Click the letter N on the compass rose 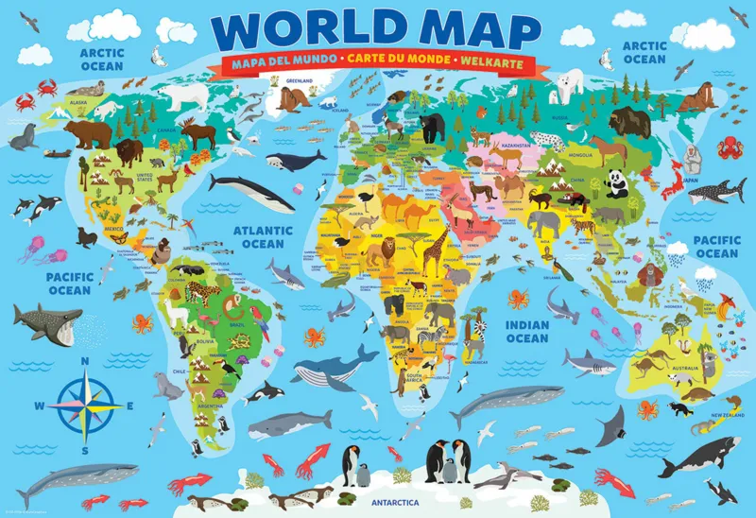tap(84, 360)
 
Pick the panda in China tap(616, 182)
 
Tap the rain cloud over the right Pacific tap(704, 278)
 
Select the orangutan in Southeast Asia tap(647, 275)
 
